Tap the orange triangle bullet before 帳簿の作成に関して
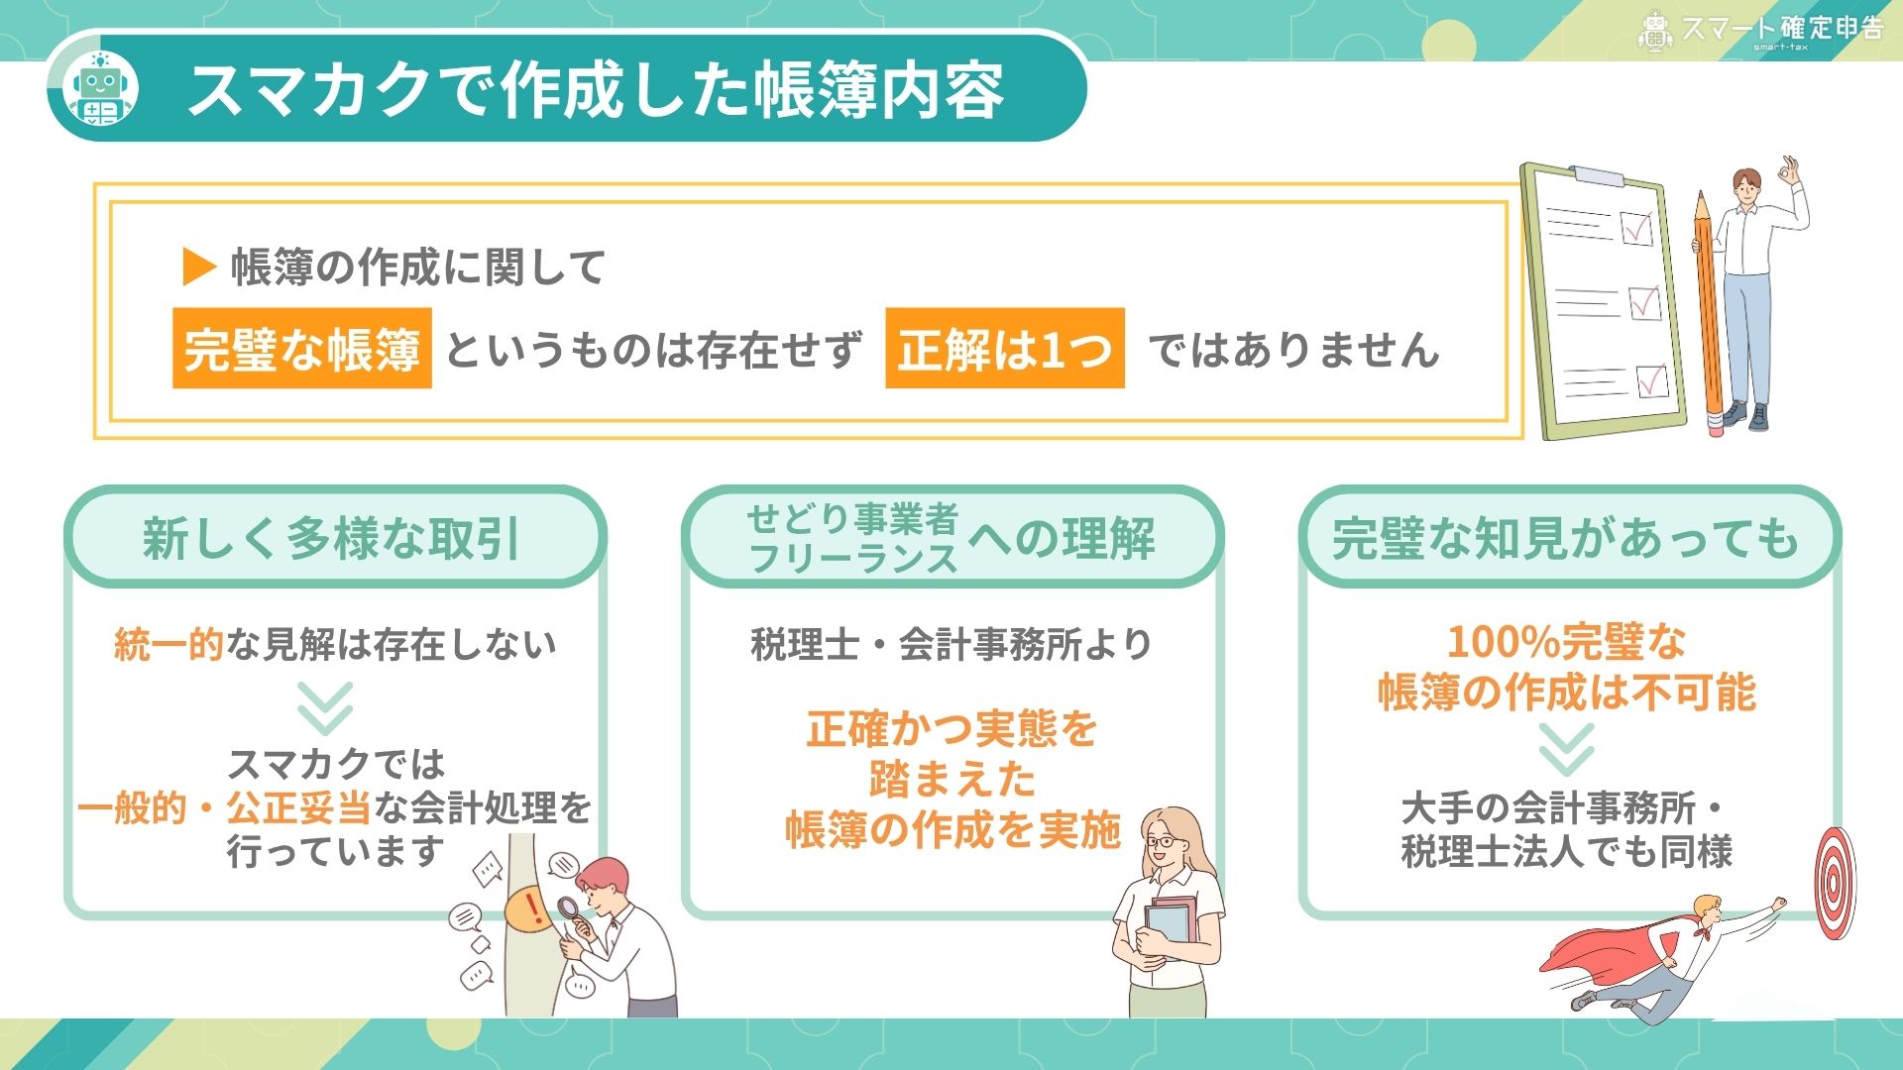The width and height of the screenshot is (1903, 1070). click(x=199, y=267)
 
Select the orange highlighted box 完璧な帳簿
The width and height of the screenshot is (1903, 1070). click(x=302, y=348)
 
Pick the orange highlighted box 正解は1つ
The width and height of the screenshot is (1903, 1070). click(x=1005, y=348)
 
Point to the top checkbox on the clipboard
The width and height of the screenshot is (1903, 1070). click(x=1636, y=228)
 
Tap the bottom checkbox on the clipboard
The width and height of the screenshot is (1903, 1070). click(x=1651, y=380)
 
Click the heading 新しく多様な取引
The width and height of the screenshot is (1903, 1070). click(x=332, y=539)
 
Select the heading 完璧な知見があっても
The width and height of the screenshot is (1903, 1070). click(x=1566, y=539)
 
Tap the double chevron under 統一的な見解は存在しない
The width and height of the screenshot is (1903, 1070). click(x=326, y=707)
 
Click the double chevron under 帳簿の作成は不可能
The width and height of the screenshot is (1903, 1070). click(x=1567, y=749)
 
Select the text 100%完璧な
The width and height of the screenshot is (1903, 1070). click(x=1566, y=642)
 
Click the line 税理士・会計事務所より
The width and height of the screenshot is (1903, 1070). click(x=951, y=644)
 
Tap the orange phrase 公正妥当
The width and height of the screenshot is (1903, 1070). click(x=298, y=807)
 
